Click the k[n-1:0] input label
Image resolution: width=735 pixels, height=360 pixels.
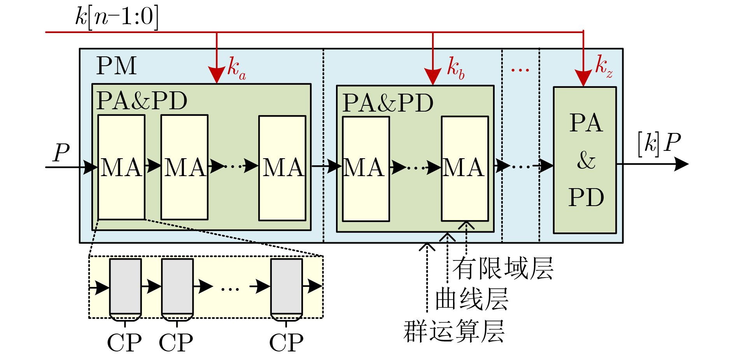pos(117,17)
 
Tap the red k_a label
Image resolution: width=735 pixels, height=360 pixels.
pos(236,68)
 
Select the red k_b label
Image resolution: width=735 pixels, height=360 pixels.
pos(455,68)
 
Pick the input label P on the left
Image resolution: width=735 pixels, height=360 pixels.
pos(61,152)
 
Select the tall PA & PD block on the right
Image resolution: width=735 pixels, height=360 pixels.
pos(585,160)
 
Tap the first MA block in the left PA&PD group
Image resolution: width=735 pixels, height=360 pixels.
pos(121,167)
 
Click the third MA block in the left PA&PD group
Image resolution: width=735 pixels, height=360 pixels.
pos(282,168)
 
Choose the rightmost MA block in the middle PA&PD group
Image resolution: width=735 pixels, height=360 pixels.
pos(465,168)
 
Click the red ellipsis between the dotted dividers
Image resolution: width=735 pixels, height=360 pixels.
pos(520,70)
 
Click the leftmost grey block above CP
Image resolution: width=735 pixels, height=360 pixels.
pos(125,287)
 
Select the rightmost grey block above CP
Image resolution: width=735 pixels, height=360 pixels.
pos(287,287)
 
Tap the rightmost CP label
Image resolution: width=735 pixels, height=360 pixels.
pos(286,343)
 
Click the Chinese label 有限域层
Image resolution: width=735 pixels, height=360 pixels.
pos(502,268)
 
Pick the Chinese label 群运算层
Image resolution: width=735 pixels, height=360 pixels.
pos(454,331)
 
